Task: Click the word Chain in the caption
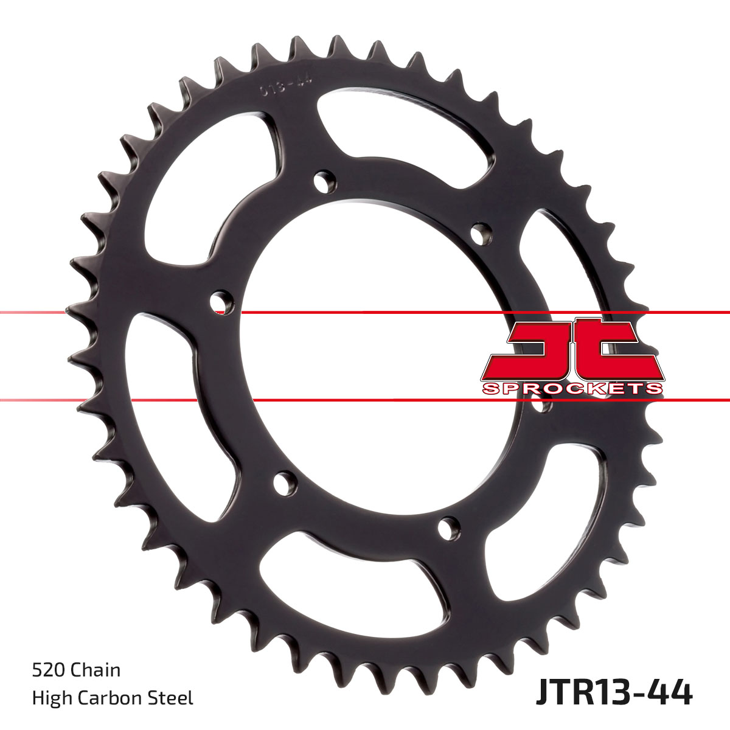[96, 670]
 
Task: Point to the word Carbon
[111, 698]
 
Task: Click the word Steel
[173, 698]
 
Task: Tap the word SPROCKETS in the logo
[572, 389]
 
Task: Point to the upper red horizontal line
[365, 313]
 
